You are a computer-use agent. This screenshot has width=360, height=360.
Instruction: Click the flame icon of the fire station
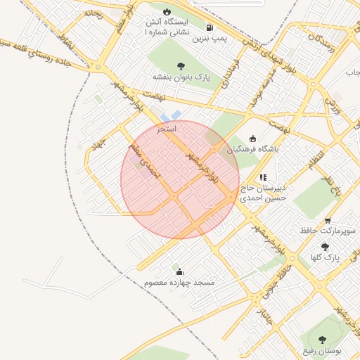[x=167, y=12]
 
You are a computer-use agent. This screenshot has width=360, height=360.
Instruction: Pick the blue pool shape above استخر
[x=171, y=115]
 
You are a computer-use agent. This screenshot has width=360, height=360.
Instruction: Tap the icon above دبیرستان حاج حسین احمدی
[x=263, y=178]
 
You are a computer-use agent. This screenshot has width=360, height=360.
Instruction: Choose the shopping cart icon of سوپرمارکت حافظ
[x=328, y=221]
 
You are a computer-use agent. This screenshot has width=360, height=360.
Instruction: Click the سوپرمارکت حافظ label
[x=328, y=231]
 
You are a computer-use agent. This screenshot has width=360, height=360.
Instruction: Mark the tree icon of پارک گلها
[x=325, y=246]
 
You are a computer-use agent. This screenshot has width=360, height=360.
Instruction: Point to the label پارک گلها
[x=326, y=257]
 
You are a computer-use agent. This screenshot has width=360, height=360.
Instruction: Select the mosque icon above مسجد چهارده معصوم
[x=179, y=271]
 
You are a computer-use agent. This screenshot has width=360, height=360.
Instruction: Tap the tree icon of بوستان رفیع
[x=323, y=339]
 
